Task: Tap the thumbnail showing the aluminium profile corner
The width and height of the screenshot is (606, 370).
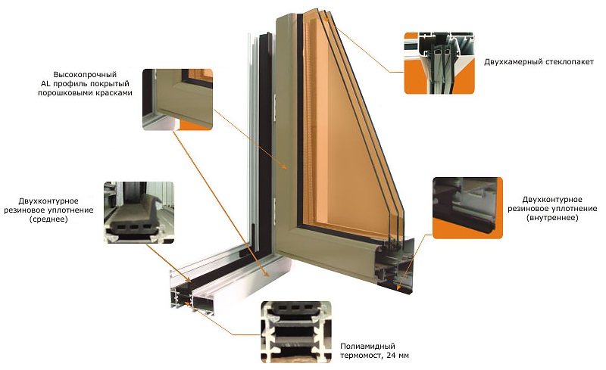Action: pos(177,99)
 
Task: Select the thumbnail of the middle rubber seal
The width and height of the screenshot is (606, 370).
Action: pos(138,212)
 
